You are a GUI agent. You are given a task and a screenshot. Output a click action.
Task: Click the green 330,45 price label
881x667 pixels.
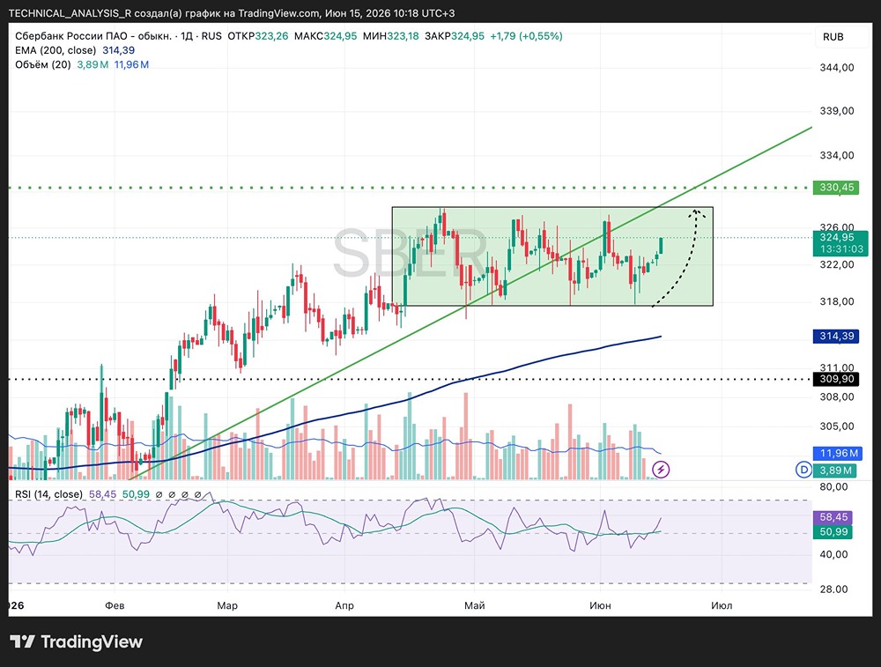pyautogui.click(x=836, y=187)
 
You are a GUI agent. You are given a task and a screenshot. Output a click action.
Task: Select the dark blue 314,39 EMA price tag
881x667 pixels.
pyautogui.click(x=836, y=336)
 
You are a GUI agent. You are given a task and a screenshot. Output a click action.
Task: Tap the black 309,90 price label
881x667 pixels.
pyautogui.click(x=836, y=379)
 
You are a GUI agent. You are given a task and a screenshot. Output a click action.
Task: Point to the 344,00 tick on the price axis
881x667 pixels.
pyautogui.click(x=837, y=68)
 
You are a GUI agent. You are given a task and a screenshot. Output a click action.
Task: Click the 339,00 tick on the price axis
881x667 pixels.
pyautogui.click(x=837, y=111)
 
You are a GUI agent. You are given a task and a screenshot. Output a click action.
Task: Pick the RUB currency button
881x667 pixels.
pyautogui.click(x=833, y=37)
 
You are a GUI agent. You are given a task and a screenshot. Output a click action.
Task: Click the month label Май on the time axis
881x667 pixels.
pyautogui.click(x=474, y=605)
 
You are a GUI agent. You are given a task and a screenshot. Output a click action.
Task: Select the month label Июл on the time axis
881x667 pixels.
pyautogui.click(x=722, y=605)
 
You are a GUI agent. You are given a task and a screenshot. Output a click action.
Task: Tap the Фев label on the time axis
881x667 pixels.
pyautogui.click(x=115, y=605)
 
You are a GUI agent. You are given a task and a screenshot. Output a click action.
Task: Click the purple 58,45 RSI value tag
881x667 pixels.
pyautogui.click(x=833, y=517)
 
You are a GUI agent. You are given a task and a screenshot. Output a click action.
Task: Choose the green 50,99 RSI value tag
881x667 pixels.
pyautogui.click(x=833, y=531)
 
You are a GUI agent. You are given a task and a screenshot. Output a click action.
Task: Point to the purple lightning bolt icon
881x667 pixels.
pyautogui.click(x=661, y=470)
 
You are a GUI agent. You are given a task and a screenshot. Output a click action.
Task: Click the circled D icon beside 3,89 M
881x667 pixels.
pyautogui.click(x=804, y=470)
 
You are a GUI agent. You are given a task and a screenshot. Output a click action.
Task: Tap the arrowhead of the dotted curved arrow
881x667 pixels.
pyautogui.click(x=697, y=212)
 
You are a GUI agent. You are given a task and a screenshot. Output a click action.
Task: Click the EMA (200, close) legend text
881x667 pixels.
pyautogui.click(x=56, y=50)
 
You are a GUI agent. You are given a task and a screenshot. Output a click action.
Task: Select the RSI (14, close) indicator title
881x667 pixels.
pyautogui.click(x=48, y=494)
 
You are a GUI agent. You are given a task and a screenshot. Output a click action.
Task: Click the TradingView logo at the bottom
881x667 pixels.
pyautogui.click(x=77, y=641)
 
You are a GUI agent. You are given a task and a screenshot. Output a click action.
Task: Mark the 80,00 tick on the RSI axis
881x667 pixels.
pyautogui.click(x=833, y=486)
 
